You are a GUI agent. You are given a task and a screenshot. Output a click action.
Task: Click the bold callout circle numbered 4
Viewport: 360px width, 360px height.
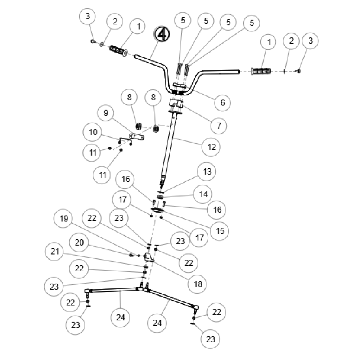(x=162, y=33)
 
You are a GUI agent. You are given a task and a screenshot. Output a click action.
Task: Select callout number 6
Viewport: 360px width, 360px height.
(x=222, y=103)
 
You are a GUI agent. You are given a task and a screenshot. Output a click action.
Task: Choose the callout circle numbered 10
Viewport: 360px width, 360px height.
(x=93, y=132)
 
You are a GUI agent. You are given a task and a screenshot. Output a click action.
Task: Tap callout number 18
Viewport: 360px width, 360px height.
(x=198, y=284)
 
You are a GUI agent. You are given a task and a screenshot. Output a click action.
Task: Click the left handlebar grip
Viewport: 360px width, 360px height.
(x=118, y=51)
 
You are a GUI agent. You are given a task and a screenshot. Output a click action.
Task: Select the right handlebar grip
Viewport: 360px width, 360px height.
(x=261, y=71)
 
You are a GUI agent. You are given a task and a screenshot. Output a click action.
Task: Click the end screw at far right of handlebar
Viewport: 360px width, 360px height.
(x=298, y=71)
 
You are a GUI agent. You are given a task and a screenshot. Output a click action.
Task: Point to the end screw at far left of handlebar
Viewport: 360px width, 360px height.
(x=93, y=41)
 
